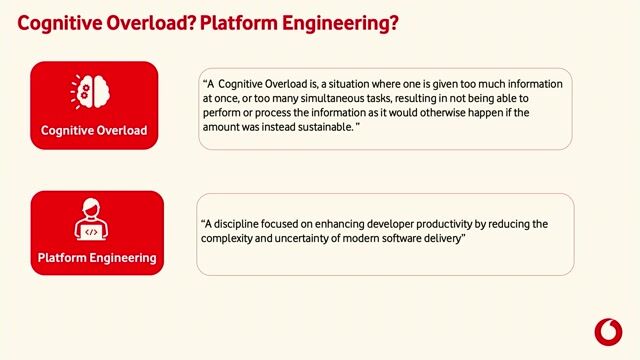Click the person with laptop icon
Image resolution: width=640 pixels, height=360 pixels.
94,222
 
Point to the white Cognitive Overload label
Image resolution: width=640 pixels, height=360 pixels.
94,130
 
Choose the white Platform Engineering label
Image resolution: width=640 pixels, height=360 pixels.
97,258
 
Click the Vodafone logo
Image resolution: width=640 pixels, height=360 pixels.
607,332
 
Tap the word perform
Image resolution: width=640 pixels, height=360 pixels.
224,113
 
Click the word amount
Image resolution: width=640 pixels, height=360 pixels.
224,127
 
